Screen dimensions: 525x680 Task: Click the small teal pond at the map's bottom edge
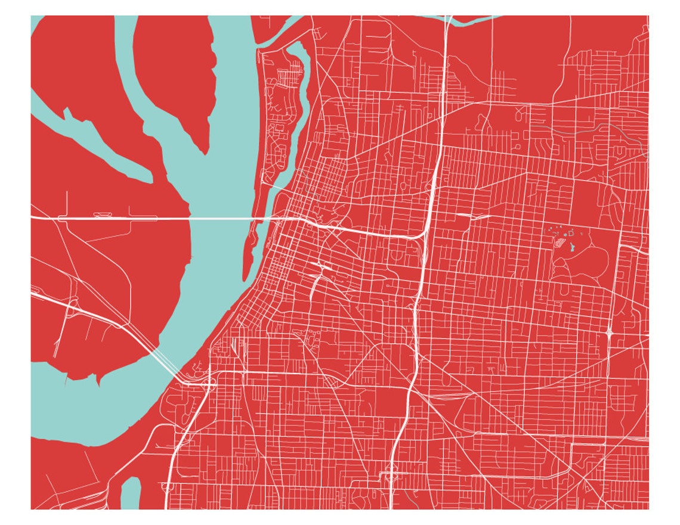131,493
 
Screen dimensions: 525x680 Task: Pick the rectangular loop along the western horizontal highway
101,215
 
